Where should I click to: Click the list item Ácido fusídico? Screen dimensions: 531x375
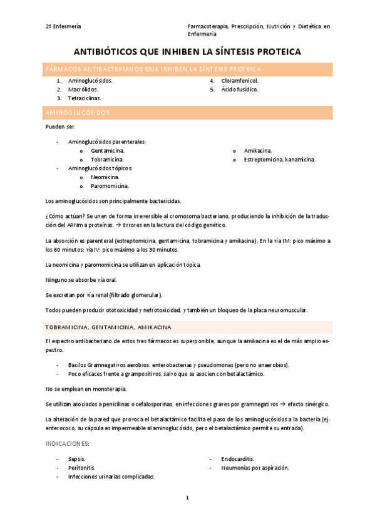coord(239,90)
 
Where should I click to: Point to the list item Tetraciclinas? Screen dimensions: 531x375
coord(85,98)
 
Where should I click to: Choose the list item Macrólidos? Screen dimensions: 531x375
coord(83,90)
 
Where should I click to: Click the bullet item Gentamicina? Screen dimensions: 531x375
coord(107,151)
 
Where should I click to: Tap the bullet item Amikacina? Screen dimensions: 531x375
coord(257,151)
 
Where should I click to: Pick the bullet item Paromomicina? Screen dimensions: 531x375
coord(110,186)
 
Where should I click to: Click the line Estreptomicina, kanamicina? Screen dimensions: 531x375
coord(279,160)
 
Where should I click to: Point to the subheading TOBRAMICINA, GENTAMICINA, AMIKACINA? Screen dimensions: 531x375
coord(109,327)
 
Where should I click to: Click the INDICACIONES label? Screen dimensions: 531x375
coord(68,443)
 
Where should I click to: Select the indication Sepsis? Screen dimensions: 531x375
coord(77,459)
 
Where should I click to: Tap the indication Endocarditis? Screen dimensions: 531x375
coord(237,459)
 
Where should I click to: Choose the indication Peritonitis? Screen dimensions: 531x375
coord(81,468)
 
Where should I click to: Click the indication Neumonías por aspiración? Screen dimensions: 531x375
coord(254,468)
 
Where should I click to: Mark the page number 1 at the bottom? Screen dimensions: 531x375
coord(187,498)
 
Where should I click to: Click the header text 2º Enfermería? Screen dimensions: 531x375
coord(63,26)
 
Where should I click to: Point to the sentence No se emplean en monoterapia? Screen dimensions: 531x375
coord(86,389)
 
